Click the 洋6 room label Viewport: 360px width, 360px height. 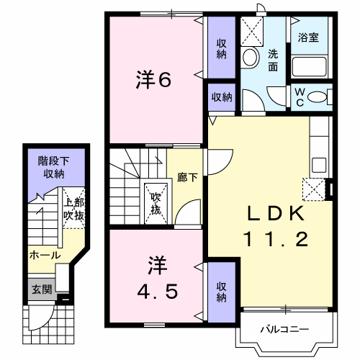click(153, 80)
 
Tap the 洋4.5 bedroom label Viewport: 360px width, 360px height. click(158, 278)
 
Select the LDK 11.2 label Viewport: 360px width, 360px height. click(276, 226)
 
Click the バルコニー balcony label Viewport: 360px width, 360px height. click(284, 329)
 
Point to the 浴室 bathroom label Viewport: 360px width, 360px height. click(308, 37)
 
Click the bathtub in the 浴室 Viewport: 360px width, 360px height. click(310, 66)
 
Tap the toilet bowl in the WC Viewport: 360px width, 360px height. click(317, 97)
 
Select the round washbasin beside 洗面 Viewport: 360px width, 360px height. click(251, 58)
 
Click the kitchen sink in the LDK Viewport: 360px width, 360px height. click(319, 165)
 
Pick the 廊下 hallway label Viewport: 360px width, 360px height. click(187, 178)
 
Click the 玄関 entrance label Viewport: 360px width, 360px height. click(42, 289)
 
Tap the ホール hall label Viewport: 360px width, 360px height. click(45, 255)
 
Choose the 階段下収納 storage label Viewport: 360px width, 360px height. click(54, 167)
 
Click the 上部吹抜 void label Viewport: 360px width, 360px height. click(74, 209)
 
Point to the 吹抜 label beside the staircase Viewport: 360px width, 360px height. click(156, 204)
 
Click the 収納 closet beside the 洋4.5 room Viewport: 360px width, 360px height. click(222, 292)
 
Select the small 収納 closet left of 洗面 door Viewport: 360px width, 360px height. click(222, 97)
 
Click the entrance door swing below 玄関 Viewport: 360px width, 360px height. click(42, 318)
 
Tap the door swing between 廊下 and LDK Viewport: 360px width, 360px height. click(220, 162)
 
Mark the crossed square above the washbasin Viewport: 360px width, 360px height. click(252, 32)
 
